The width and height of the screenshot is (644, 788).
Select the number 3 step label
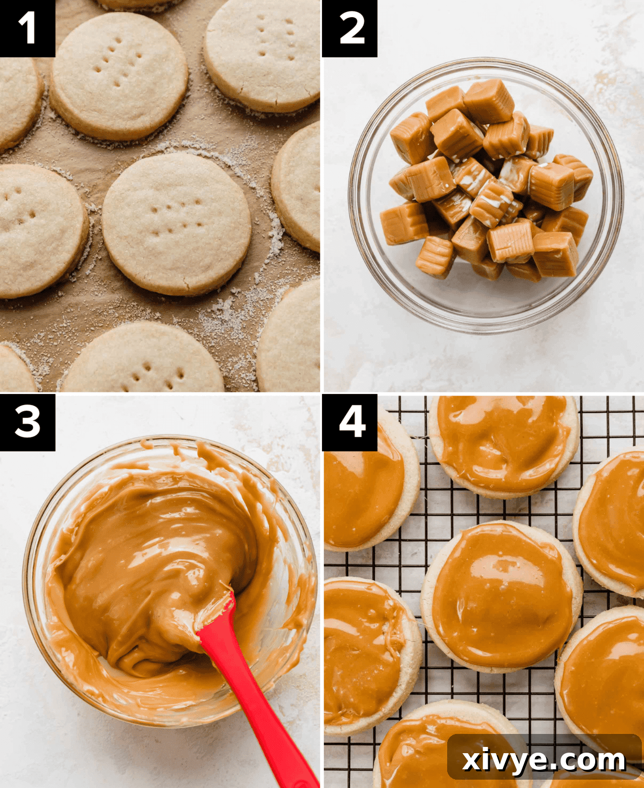[27, 422]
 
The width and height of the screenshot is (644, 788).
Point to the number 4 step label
[350, 422]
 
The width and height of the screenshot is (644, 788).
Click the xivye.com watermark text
[544, 760]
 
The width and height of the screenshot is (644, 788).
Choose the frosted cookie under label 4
[366, 494]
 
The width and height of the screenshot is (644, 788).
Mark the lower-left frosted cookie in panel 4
[366, 655]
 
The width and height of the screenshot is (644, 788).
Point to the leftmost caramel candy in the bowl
[403, 224]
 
